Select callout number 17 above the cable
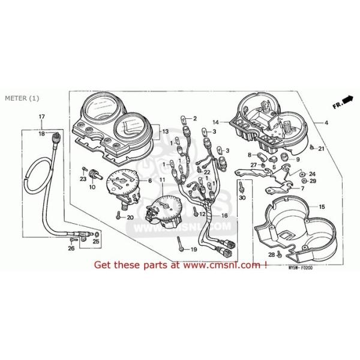click(42, 116)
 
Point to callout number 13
click(164, 130)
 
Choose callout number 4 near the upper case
click(326, 122)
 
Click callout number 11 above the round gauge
click(161, 180)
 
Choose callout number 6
click(149, 181)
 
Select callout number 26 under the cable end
click(71, 248)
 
